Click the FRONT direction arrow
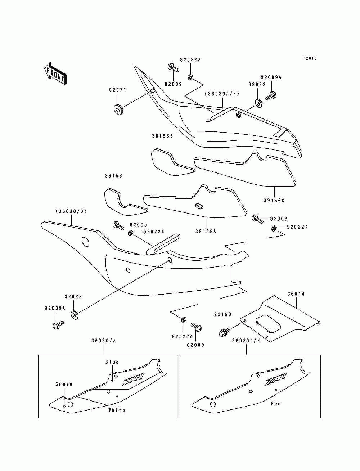pos(55,73)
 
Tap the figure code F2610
pos(310,58)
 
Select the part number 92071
pos(118,90)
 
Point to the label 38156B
pos(162,136)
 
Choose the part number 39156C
pos(274,201)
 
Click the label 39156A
pos(206,232)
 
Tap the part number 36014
pos(296,294)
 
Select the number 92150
pos(223,315)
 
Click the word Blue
pos(112,362)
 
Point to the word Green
pos(64,384)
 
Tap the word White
pos(117,411)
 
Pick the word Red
pos(276,404)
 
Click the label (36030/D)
pos(71,212)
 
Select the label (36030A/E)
pos(222,94)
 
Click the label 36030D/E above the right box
pos(246,341)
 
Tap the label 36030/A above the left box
pos(104,341)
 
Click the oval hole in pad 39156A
pos(198,206)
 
